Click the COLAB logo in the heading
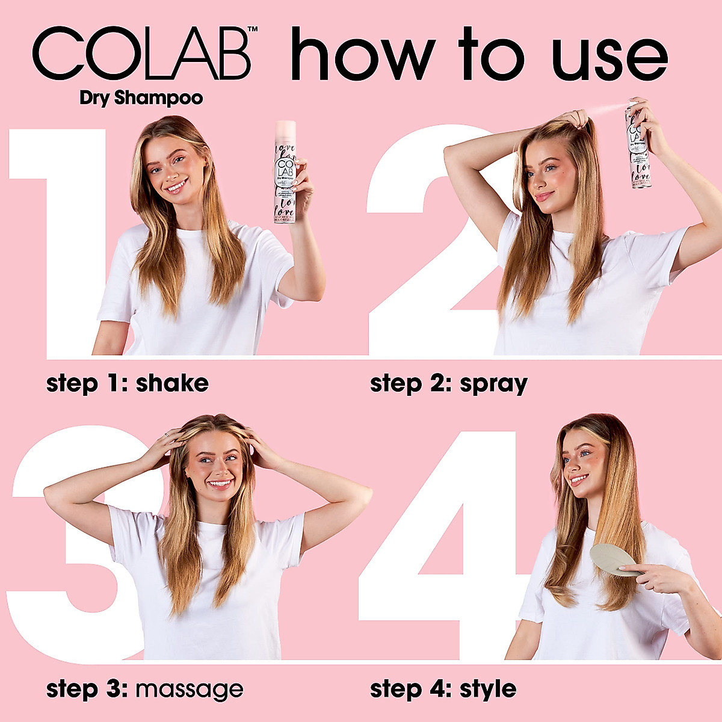(141, 54)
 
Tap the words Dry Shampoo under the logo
(141, 98)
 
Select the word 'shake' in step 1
(172, 383)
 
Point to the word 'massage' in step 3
(190, 689)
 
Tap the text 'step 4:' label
(410, 689)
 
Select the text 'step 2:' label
(410, 383)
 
